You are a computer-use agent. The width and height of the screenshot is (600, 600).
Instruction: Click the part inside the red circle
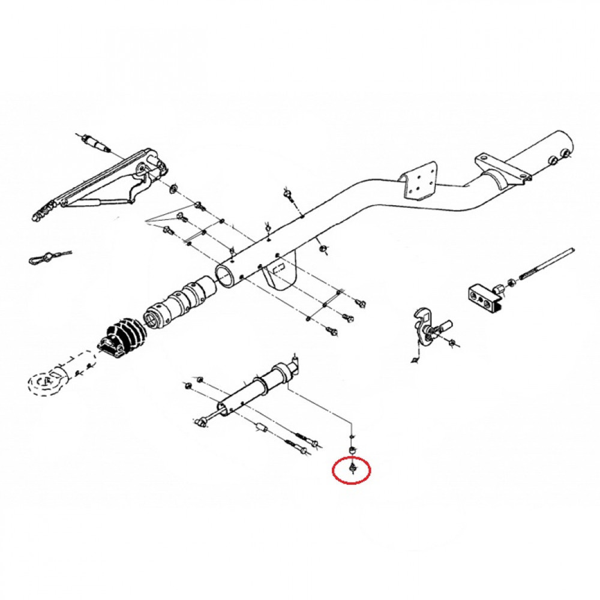(x=352, y=466)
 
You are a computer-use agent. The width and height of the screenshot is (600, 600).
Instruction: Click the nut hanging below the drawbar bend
(x=323, y=247)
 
